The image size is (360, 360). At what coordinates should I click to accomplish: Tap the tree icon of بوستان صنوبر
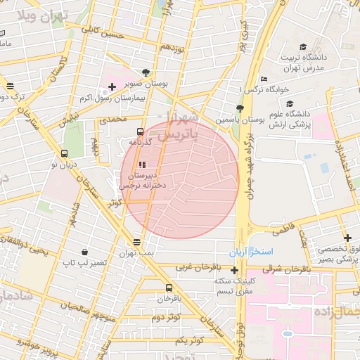tap(146, 72)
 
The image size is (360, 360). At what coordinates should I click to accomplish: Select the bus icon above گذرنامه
tap(139, 131)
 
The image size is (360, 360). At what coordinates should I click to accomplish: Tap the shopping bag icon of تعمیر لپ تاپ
tap(85, 252)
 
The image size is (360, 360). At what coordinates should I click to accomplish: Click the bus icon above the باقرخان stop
tap(169, 288)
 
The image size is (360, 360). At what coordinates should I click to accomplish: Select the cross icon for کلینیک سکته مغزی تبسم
tap(235, 270)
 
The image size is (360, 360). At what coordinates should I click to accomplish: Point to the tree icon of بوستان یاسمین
tap(240, 108)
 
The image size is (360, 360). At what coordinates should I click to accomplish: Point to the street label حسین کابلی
tap(103, 32)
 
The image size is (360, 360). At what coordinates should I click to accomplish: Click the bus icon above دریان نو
tap(67, 153)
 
